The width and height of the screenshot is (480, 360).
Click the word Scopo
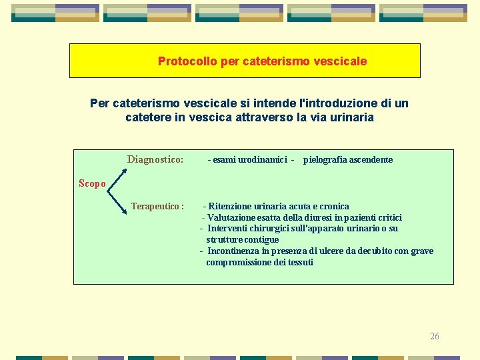(x=92, y=183)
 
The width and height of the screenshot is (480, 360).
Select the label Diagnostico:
(x=155, y=159)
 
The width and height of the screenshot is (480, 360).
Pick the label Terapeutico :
(x=157, y=207)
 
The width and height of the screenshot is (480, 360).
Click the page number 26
(x=434, y=336)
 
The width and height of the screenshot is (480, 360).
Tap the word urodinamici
(x=262, y=160)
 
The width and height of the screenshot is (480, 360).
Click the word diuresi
(x=323, y=218)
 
